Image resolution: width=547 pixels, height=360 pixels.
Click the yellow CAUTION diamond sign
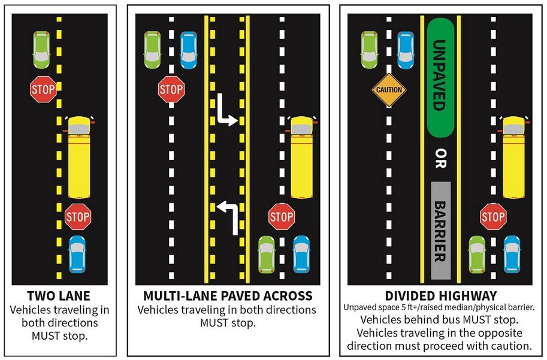389,90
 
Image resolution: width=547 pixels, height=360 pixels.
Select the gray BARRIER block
440,230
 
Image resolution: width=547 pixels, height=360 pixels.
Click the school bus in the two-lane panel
79,158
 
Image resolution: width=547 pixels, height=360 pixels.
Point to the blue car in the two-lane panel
77,255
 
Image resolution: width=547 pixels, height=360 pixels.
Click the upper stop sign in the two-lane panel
43,90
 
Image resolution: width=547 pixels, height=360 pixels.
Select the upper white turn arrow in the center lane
227,111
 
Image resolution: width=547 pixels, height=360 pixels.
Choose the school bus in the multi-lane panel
302,158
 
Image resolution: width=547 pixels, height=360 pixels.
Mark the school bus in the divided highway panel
513,158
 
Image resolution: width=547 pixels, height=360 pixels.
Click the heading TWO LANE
59,296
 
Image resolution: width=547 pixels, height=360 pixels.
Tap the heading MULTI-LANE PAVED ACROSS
228,296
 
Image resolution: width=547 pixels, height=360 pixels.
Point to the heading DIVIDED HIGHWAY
440,295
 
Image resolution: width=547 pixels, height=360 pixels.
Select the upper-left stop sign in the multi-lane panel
171,90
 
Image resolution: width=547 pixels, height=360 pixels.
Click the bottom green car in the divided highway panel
477,255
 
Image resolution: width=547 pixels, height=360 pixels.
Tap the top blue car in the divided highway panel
406,49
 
